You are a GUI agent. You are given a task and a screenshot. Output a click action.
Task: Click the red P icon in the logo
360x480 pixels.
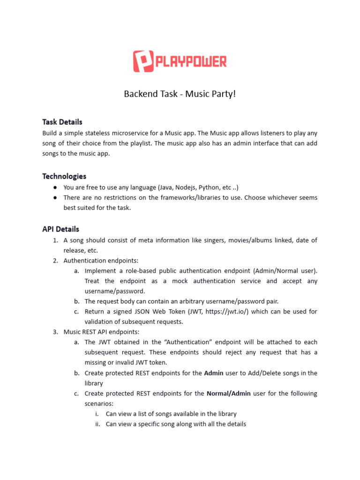pos(143,61)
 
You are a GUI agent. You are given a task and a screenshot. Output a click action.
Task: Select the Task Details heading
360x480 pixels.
pos(62,122)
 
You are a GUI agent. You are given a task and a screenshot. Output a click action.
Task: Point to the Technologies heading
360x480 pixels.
pos(64,176)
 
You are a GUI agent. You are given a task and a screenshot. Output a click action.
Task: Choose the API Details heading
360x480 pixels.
pos(60,229)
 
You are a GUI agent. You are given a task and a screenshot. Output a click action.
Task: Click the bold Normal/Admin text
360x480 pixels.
pos(228,394)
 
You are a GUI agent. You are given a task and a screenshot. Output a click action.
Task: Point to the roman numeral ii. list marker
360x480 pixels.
pos(97,424)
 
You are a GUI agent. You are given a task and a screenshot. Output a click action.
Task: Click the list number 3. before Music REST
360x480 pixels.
pos(56,332)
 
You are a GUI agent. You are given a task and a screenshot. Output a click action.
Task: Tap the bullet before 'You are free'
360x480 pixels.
pos(56,187)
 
